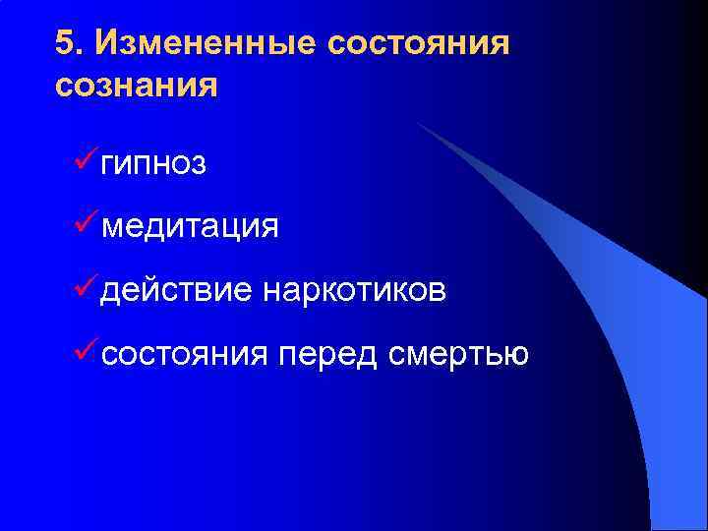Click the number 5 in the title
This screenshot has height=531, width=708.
(65, 43)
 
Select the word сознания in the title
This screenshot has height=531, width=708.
(136, 86)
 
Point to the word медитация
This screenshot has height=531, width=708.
(190, 227)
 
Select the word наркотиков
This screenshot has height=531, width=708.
(354, 290)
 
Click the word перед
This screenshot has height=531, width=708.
(327, 352)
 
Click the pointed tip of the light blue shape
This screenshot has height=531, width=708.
(418, 124)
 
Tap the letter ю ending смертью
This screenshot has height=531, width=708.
(519, 353)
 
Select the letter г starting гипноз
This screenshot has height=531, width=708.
(107, 165)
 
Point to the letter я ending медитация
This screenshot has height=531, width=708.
(269, 228)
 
